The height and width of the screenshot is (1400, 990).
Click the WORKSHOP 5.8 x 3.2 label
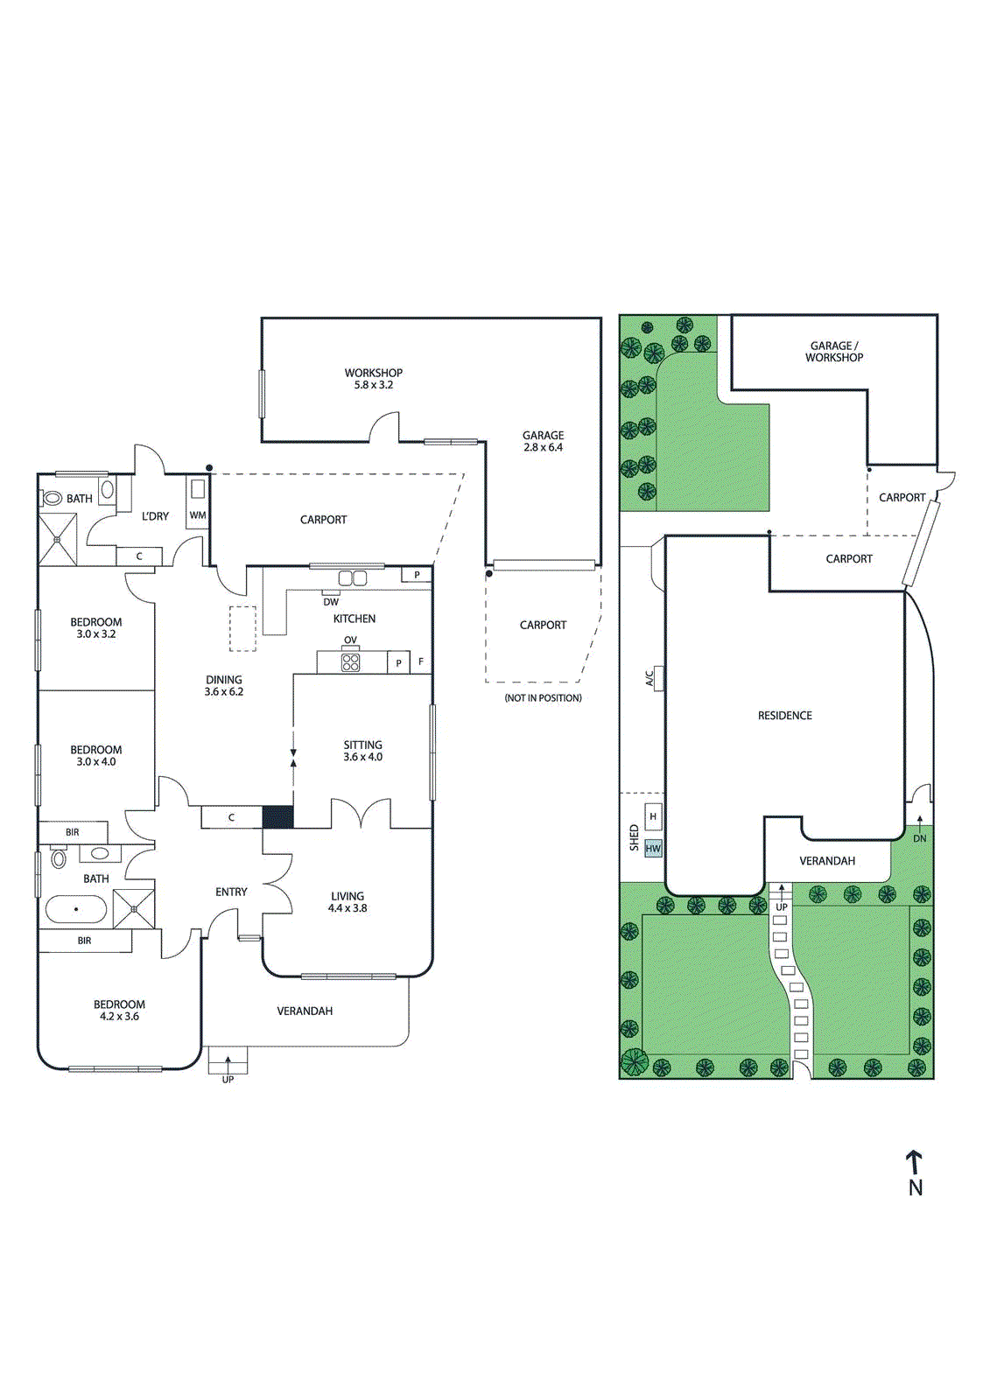pos(373,378)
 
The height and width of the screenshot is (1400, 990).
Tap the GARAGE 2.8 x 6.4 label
pos(543,441)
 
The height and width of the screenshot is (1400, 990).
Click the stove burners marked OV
pos(350,662)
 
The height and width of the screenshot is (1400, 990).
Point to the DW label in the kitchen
pos(331,602)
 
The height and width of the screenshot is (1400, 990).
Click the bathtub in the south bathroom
pos(75,910)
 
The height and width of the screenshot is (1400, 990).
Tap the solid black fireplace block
pos(278,817)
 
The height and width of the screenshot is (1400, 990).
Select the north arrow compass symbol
pos(915,1172)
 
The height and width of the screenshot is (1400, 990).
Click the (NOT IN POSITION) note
pos(543,698)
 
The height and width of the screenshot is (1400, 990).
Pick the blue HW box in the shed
pos(653,848)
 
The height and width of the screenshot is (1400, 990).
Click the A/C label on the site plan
pos(649,678)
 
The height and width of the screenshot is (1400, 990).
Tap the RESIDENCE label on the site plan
pos(784,716)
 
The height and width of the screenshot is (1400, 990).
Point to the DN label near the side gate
pos(919,838)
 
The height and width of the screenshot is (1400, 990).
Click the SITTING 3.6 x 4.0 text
pos(362,751)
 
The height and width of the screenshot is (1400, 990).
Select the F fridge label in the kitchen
pos(421,661)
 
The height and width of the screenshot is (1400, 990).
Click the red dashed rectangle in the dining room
pos(242,628)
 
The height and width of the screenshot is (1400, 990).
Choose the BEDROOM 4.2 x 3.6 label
pos(119,1011)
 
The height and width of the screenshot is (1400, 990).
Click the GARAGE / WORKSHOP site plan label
pos(833,352)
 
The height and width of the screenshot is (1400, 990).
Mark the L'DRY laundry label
pos(155,516)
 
